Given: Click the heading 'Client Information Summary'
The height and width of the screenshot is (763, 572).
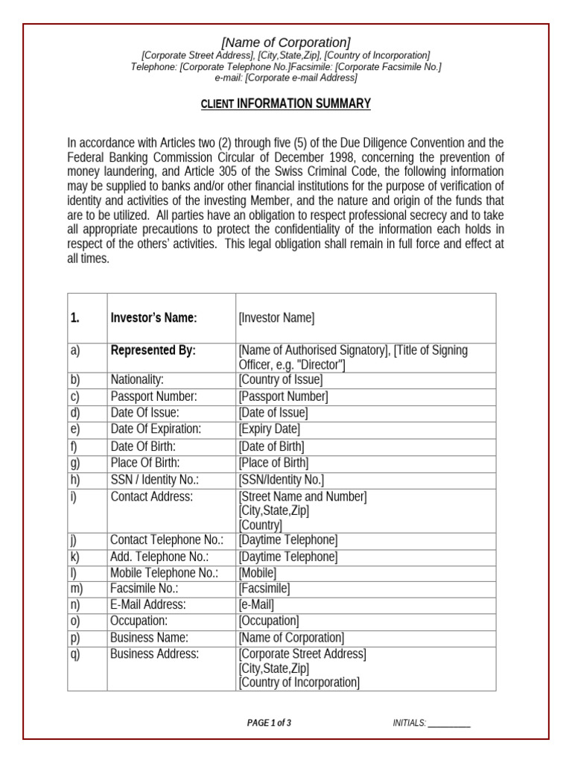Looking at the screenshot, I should coord(285,104).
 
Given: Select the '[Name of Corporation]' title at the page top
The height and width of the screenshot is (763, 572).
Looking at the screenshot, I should coord(286,42).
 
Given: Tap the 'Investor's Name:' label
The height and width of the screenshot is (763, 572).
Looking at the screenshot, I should coord(153,318).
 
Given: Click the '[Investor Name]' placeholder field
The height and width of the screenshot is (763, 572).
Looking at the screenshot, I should coord(276,318).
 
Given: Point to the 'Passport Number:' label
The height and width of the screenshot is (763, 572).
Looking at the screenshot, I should coord(153,396).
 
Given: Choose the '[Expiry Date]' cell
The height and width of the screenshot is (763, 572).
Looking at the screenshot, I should coord(269,429).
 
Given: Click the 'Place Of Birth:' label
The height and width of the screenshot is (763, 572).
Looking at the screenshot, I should coord(145,463).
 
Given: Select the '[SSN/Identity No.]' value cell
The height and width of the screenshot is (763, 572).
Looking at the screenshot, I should coord(281,480).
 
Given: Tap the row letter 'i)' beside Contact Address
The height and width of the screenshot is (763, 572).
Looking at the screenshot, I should coord(74,496).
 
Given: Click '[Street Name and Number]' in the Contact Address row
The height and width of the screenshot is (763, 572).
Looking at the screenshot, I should coord(302,497).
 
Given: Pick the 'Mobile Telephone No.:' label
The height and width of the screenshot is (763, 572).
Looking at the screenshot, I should coord(164,573).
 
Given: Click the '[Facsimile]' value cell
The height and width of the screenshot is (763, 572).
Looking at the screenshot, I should coord(264,589).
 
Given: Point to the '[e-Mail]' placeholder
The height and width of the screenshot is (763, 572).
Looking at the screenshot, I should coord(256,605).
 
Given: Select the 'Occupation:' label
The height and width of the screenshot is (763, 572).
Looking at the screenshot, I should coord(139,621).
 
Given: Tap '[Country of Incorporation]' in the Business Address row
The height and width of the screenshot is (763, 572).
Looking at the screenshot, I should coord(299,683).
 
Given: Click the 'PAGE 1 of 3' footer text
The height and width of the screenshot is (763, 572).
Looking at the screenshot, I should coord(269,723).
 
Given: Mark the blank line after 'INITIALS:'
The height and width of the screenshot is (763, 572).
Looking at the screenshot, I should coord(449,724).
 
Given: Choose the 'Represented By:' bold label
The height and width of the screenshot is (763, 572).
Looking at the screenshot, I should coord(153,351).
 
